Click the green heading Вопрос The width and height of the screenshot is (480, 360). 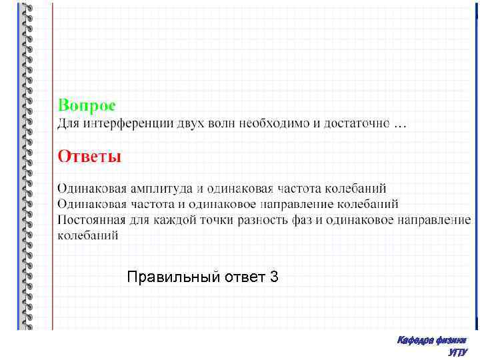tap(86, 105)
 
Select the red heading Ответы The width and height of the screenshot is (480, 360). tap(89, 157)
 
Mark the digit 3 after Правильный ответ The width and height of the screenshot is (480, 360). tap(275, 276)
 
